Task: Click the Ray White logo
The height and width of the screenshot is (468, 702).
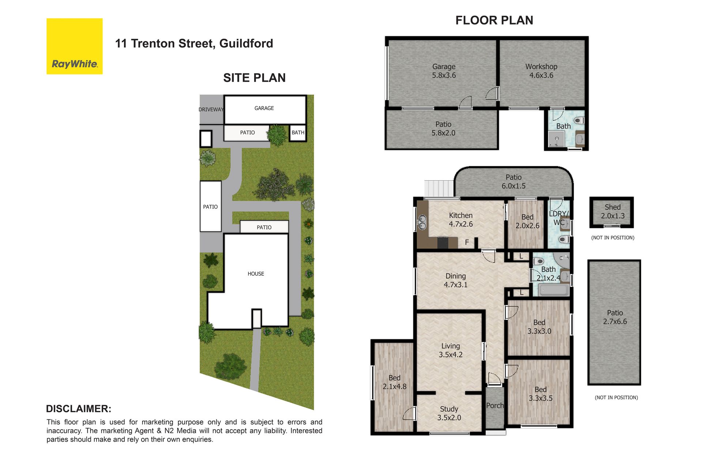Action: pyautogui.click(x=75, y=46)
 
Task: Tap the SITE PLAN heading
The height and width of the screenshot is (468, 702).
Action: pyautogui.click(x=254, y=78)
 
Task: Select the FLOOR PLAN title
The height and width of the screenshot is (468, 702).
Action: pyautogui.click(x=494, y=20)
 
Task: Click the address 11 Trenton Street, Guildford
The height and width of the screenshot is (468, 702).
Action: pyautogui.click(x=194, y=44)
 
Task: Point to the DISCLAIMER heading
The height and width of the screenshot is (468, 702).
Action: pyautogui.click(x=79, y=409)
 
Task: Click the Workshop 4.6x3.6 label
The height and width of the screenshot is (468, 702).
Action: pyautogui.click(x=541, y=71)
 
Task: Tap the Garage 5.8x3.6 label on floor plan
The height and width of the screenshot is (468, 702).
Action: pyautogui.click(x=444, y=71)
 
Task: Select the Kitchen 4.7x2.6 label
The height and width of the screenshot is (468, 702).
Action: pyautogui.click(x=461, y=220)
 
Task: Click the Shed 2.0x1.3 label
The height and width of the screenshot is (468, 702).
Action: pyautogui.click(x=613, y=212)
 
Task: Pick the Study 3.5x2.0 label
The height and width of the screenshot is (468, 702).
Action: pyautogui.click(x=449, y=413)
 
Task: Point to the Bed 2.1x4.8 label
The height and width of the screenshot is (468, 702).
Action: pyautogui.click(x=395, y=382)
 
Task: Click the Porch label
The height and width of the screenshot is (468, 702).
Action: pyautogui.click(x=495, y=405)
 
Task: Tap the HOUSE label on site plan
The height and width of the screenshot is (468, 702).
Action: pyautogui.click(x=256, y=274)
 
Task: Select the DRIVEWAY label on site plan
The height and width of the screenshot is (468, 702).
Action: pyautogui.click(x=211, y=110)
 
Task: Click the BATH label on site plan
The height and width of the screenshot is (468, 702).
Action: pyautogui.click(x=298, y=133)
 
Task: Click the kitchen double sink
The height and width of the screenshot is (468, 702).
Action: pyautogui.click(x=422, y=222)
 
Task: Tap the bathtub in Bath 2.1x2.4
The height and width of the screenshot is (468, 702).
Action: pyautogui.click(x=554, y=291)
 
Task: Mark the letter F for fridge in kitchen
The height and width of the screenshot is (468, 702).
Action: pyautogui.click(x=467, y=242)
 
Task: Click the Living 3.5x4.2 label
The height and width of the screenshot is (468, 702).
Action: pyautogui.click(x=450, y=350)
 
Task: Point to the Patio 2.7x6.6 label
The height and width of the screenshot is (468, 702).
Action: pyautogui.click(x=615, y=317)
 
